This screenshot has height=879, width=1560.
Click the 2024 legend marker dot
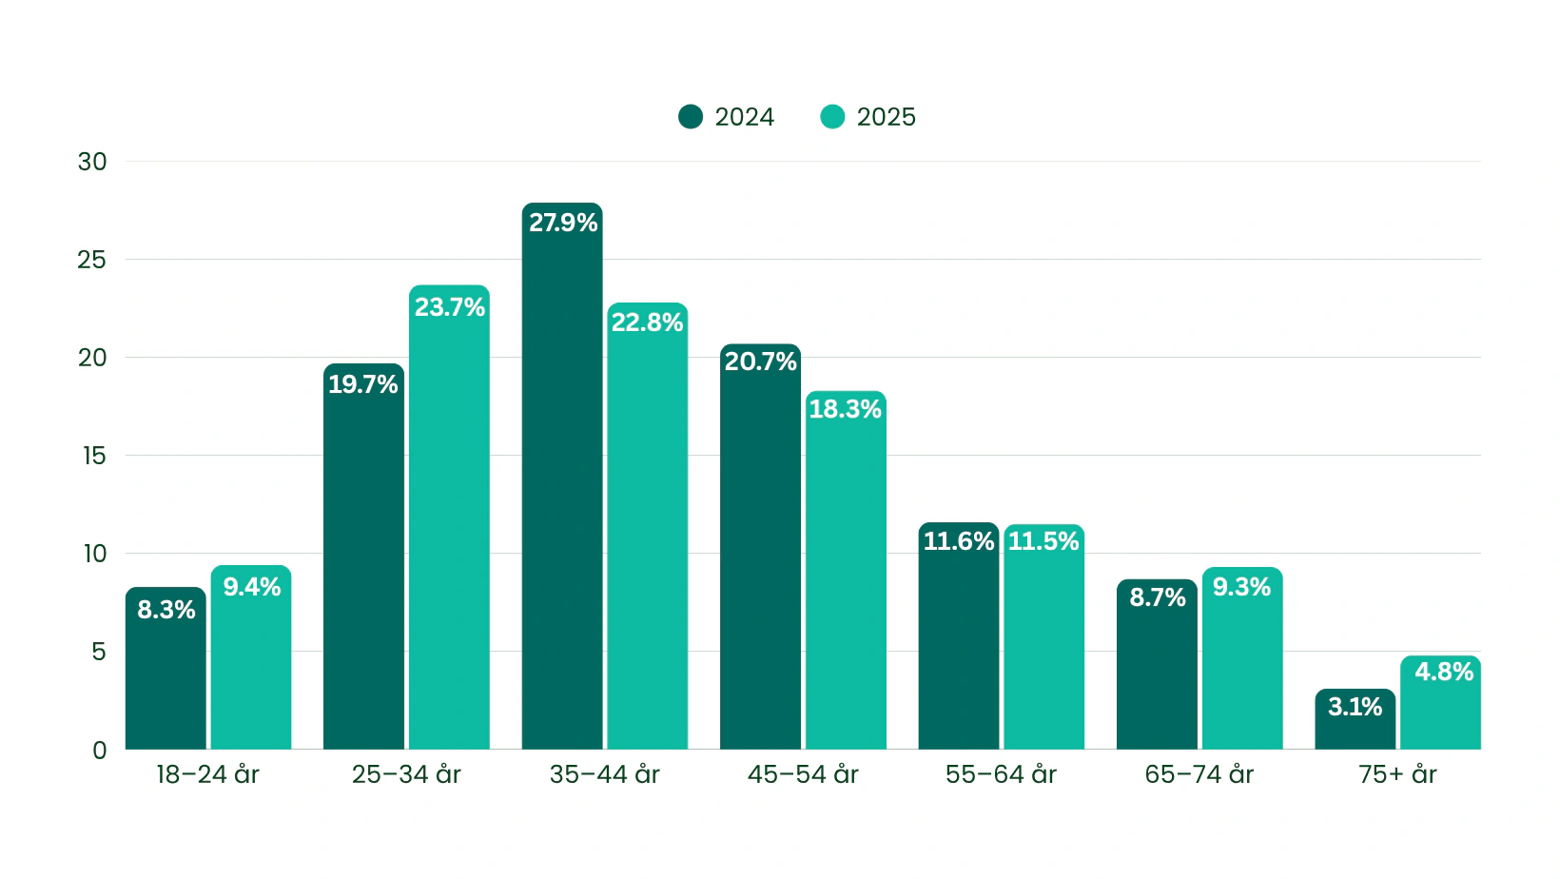pos(691,117)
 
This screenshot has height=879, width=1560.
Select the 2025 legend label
pos(886,117)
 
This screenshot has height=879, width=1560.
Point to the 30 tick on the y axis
pos(92,162)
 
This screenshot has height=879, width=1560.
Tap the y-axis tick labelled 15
pos(94,456)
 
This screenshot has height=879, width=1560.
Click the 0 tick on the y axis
pos(99,750)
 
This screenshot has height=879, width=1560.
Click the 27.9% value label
pos(563,223)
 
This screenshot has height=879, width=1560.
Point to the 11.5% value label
pos(1043,541)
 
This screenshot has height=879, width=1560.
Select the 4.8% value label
pos(1443,672)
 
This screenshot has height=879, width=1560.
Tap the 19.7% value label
pos(363,384)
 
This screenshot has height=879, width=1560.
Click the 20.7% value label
pos(760,361)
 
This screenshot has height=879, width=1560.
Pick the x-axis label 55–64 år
pos(1001,774)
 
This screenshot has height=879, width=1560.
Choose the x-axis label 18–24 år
pos(207,774)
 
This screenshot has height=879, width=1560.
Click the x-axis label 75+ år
pos(1397,774)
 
